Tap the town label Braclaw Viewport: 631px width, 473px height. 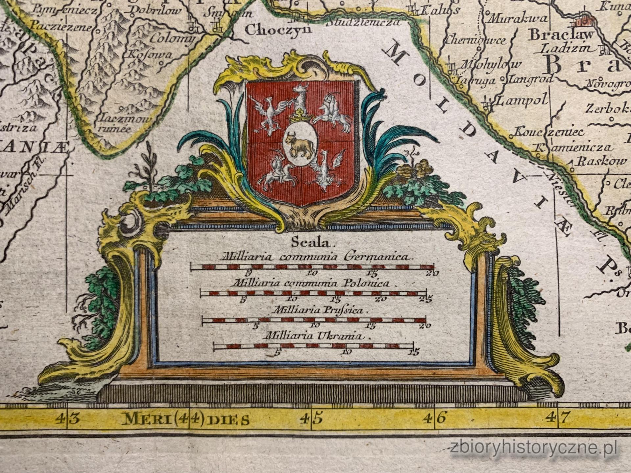tap(561, 35)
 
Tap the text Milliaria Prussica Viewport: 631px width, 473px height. tap(318, 310)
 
